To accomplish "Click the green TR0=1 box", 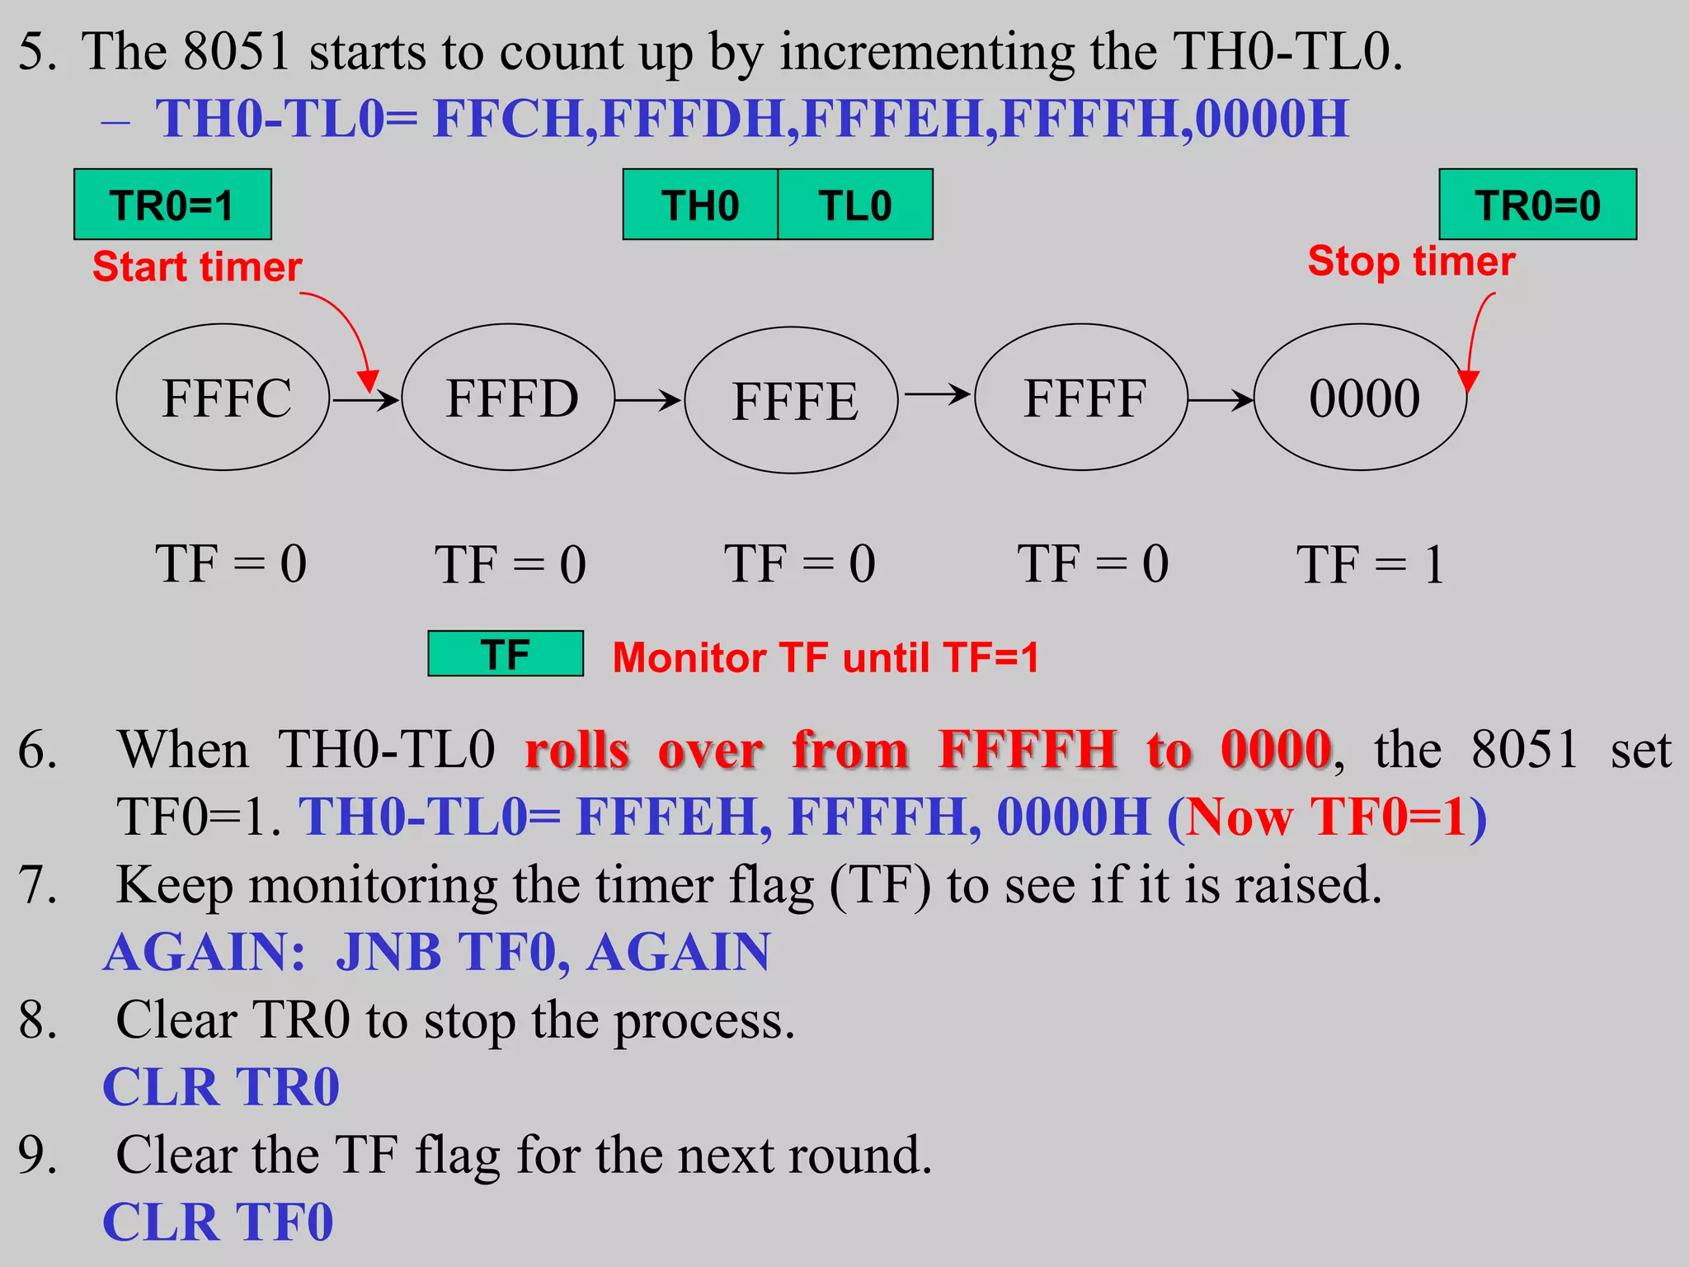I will [172, 205].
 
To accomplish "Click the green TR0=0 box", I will [1537, 205].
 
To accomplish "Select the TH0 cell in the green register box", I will [700, 205].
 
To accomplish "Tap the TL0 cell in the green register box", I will [855, 205].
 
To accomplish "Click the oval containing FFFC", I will [223, 398].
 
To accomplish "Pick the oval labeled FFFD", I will [509, 398].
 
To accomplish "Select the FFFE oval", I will [792, 401].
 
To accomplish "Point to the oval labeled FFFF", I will [1081, 398].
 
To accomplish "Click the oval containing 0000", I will [1361, 398].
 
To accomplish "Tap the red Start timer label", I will [197, 266].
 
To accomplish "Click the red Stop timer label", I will [1411, 261].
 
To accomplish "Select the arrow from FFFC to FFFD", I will [365, 401].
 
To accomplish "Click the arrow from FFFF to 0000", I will [1221, 401].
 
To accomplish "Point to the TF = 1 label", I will [1370, 565].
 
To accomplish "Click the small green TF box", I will [506, 654].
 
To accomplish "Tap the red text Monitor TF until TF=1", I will [826, 658].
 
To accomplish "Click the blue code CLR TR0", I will [221, 1087].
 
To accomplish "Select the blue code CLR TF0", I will [219, 1222].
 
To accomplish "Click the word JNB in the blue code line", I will [388, 953].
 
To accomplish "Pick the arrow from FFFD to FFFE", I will [648, 401].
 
